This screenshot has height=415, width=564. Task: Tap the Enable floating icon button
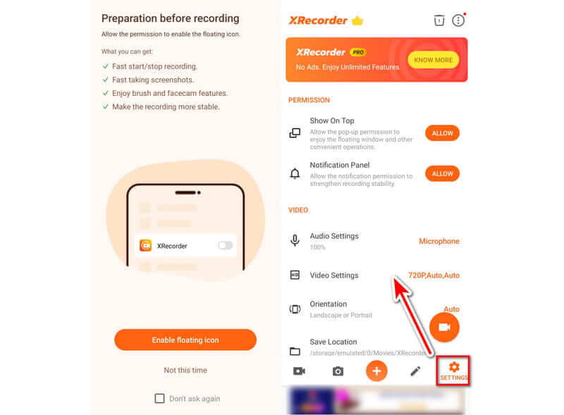click(x=185, y=340)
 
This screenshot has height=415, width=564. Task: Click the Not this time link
click(x=185, y=370)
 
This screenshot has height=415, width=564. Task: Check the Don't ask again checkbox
click(x=160, y=399)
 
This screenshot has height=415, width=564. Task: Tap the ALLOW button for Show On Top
click(x=442, y=133)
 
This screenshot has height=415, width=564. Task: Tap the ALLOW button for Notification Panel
click(x=442, y=174)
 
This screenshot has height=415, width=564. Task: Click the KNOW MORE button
click(x=433, y=60)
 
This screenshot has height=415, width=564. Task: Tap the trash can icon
click(x=439, y=20)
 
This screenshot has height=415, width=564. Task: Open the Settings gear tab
click(x=454, y=371)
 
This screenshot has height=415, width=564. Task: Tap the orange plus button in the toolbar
click(x=376, y=371)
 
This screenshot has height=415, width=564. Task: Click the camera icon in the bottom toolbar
click(x=338, y=371)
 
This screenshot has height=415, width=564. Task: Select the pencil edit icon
click(x=415, y=371)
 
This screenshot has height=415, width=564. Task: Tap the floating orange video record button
click(x=444, y=327)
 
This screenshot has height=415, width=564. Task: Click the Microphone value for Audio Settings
click(x=439, y=241)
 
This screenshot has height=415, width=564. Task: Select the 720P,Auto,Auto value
click(x=434, y=275)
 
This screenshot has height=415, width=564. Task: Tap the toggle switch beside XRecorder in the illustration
click(x=225, y=245)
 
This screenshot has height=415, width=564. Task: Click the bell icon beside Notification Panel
click(x=295, y=174)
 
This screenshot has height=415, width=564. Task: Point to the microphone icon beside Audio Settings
click(x=295, y=240)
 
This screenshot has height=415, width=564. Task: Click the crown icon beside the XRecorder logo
click(x=357, y=20)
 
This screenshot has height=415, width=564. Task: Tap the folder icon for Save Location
click(x=295, y=351)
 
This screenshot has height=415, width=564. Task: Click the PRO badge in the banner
click(x=358, y=53)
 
